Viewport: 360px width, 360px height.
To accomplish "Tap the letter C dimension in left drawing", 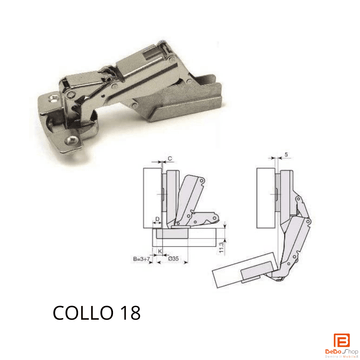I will (x=171, y=158).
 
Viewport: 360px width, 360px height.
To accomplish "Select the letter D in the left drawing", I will (x=158, y=217).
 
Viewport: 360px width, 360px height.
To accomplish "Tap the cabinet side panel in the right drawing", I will (x=266, y=195).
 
